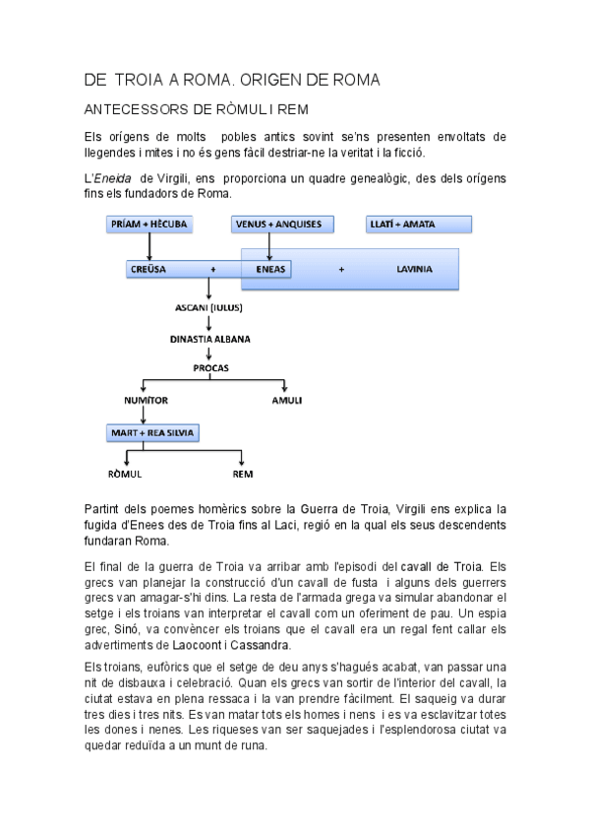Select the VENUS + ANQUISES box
278,225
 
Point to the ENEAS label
270,268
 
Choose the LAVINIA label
414,268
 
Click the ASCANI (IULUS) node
209,307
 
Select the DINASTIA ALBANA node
209,339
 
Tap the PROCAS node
209,367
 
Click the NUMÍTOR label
146,402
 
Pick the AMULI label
286,402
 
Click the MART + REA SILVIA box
153,432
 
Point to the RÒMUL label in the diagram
125,475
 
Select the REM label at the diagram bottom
242,475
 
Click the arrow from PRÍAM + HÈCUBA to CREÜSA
148,246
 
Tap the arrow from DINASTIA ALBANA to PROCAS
209,353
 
